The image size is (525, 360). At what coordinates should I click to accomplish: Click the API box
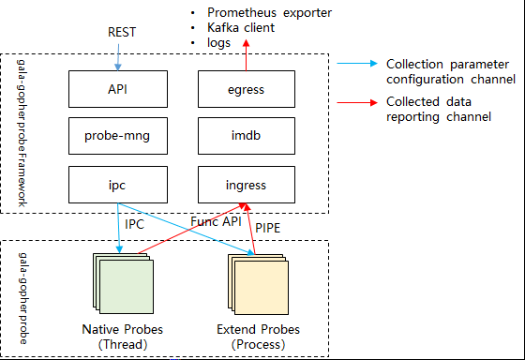pyautogui.click(x=118, y=89)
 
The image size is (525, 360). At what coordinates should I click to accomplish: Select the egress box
pyautogui.click(x=247, y=89)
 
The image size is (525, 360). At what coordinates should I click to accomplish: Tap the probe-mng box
pyautogui.click(x=118, y=136)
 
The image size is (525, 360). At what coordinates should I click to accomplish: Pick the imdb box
pyautogui.click(x=247, y=136)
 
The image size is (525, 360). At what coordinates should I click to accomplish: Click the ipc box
pyautogui.click(x=118, y=185)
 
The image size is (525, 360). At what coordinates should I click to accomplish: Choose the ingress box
pyautogui.click(x=247, y=185)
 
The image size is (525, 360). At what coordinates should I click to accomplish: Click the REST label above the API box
pyautogui.click(x=122, y=32)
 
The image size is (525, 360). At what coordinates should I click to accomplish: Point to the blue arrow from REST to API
pyautogui.click(x=118, y=57)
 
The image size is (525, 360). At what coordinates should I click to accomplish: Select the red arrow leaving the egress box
pyautogui.click(x=246, y=55)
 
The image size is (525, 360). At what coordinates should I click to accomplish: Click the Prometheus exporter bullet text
pyautogui.click(x=270, y=13)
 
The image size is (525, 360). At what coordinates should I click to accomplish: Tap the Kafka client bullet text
pyautogui.click(x=241, y=27)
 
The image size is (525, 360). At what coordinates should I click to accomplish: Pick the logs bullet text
pyautogui.click(x=219, y=43)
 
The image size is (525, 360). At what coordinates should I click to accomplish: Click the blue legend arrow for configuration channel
pyautogui.click(x=357, y=64)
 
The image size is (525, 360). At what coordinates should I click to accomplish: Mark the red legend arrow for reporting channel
pyautogui.click(x=357, y=102)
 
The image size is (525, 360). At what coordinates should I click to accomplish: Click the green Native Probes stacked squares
pyautogui.click(x=123, y=284)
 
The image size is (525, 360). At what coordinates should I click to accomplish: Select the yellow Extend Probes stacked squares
pyautogui.click(x=258, y=284)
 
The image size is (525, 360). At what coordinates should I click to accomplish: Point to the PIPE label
pyautogui.click(x=267, y=228)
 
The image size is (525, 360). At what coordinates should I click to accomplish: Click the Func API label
pyautogui.click(x=216, y=221)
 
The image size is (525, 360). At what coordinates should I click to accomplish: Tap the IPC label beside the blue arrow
pyautogui.click(x=134, y=224)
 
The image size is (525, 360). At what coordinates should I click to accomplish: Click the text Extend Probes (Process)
pyautogui.click(x=258, y=337)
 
